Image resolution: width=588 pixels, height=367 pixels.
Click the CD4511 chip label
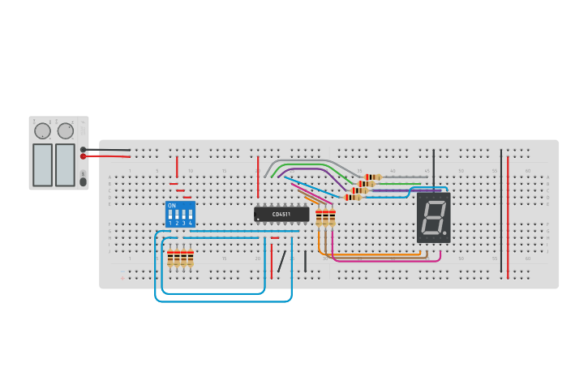pos(281,214)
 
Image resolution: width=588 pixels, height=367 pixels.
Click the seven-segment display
pos(433,217)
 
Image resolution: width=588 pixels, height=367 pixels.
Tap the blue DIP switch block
pos(180,214)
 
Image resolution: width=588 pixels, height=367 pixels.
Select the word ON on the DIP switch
pos(171,206)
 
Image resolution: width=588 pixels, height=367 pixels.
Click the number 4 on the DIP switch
pos(191,223)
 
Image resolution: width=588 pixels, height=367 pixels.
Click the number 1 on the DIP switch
pos(170,223)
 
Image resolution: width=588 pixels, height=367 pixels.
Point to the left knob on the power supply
pos(43,130)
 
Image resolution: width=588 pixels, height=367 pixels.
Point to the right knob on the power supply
pos(66,130)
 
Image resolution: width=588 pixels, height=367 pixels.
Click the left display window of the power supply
pos(42,164)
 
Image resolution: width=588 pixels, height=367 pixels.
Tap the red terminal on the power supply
pos(84,156)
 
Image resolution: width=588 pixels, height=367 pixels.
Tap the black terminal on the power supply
pos(84,149)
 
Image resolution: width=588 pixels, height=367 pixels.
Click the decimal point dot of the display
pos(444,234)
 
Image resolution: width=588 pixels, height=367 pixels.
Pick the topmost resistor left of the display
pos(373,177)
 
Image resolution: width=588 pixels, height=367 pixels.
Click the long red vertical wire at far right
pos(508,215)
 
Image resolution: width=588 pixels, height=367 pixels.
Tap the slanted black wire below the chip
pos(281,262)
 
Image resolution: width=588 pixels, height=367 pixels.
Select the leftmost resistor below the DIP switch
pos(170,258)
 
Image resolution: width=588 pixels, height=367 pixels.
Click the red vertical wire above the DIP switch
pos(177,166)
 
